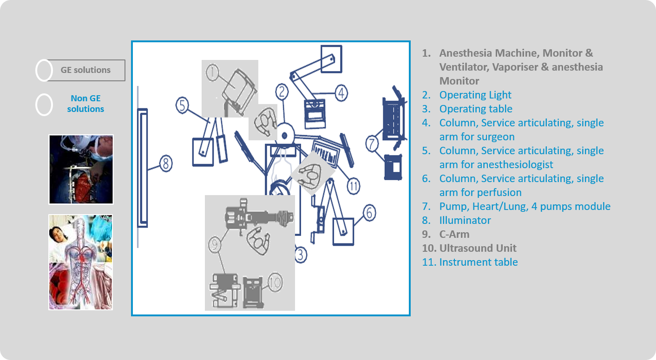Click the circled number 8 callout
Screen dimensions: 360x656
pos(166,164)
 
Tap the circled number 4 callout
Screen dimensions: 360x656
pos(341,93)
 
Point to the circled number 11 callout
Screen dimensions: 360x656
pos(354,187)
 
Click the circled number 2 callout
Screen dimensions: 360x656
pos(282,92)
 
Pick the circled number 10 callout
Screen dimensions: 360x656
pos(275,281)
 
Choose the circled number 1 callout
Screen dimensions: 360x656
pos(212,72)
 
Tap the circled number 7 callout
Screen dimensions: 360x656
pos(372,144)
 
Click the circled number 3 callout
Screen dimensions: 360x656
pos(301,255)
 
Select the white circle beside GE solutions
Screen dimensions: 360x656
pos(44,71)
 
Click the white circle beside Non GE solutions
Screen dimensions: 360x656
pos(44,105)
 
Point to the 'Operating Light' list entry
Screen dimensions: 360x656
pos(475,95)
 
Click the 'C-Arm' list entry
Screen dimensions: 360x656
pos(454,235)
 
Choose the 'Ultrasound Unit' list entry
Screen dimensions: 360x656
pos(478,249)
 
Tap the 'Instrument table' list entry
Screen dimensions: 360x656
pos(478,262)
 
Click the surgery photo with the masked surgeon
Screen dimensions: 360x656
pos(81,170)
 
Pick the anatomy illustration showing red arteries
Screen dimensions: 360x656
pos(81,262)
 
